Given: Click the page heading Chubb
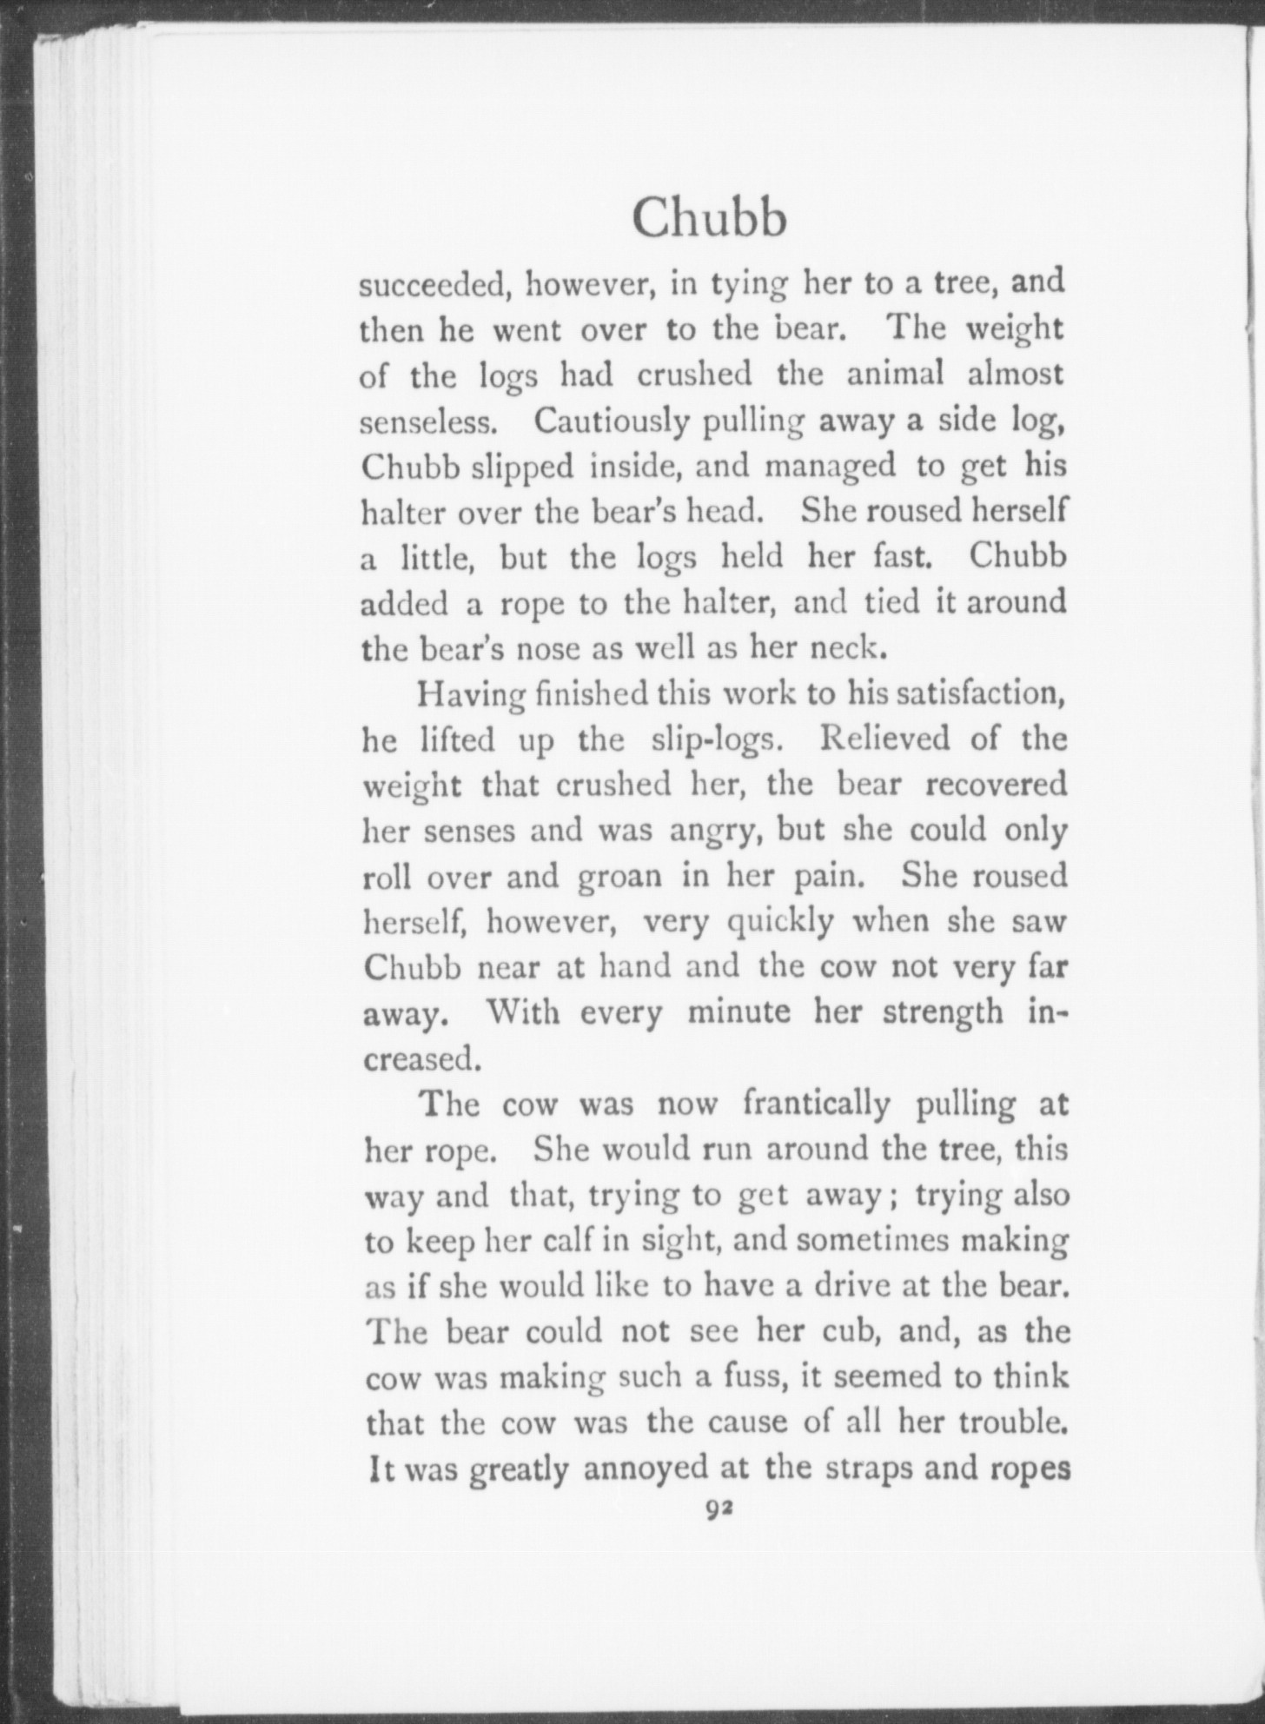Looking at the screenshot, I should coord(709,217).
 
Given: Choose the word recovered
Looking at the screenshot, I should coord(996,785).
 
